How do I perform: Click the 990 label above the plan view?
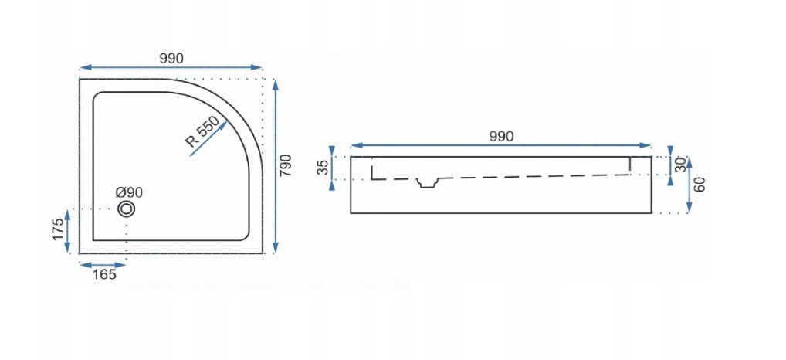(x=171, y=58)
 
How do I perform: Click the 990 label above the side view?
(x=501, y=137)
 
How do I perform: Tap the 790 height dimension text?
(x=285, y=165)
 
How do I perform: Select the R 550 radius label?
(x=202, y=131)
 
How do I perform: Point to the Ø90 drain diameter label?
(x=129, y=192)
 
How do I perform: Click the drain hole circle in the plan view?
(x=127, y=209)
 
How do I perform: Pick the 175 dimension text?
(x=59, y=229)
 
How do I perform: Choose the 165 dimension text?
(x=104, y=274)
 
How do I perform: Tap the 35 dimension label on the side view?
(x=324, y=167)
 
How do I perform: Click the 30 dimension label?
(x=680, y=165)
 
